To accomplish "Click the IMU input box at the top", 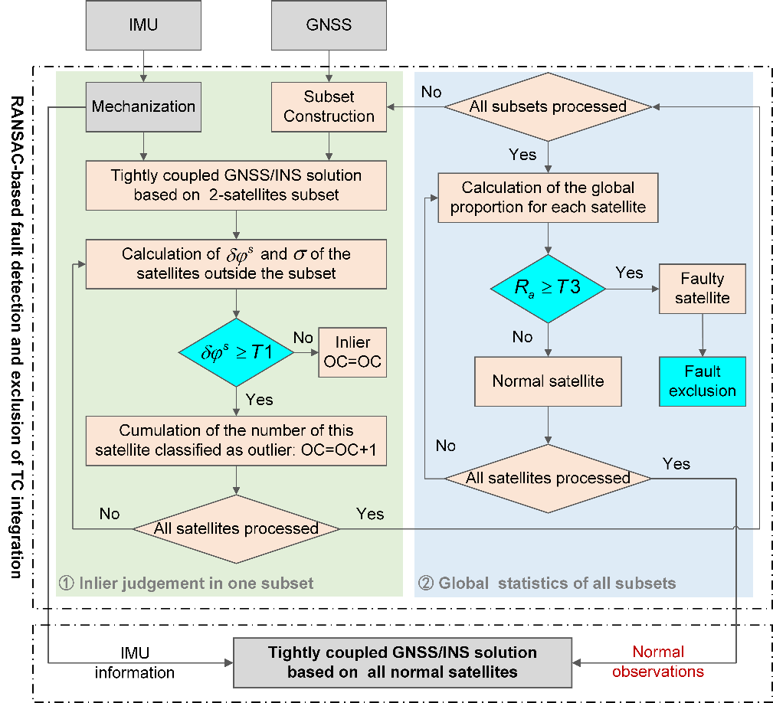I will coord(143,25).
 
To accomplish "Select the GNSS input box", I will coord(329,25).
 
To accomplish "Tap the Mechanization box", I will coord(143,106).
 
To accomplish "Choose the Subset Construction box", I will coord(329,106).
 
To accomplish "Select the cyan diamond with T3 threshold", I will coord(547,289).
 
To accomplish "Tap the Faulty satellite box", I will coord(702,288).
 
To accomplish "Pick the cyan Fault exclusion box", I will coord(702,381).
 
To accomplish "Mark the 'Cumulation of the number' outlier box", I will coord(236,441).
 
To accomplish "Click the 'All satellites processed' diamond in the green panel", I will coord(236,528).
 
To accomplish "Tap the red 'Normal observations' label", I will coord(658,662).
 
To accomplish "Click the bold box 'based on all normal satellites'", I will coord(402,662).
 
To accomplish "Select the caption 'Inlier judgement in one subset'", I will coord(186,584).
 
